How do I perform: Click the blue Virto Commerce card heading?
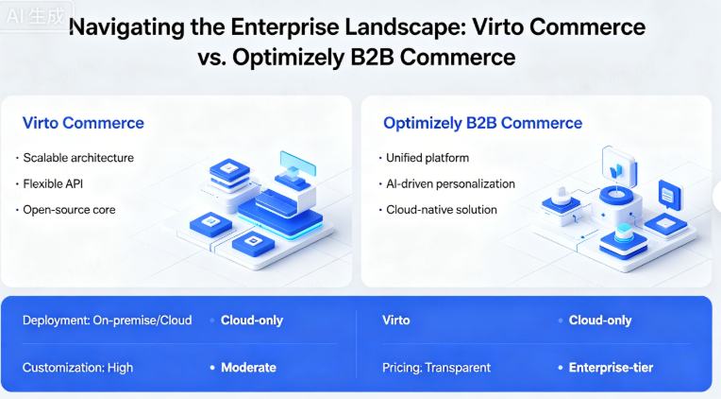coord(83,123)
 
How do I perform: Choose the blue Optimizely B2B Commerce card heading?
coord(482,123)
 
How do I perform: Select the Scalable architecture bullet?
coord(78,158)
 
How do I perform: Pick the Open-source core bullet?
coord(68,209)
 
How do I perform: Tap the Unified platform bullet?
coord(428,158)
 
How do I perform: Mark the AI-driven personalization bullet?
coord(450,183)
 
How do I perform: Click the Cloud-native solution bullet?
coord(442,209)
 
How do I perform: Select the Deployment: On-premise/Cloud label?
coord(107,321)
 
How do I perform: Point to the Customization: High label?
coord(77,367)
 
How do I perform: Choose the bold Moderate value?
coord(248,367)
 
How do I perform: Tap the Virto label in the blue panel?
coord(396,321)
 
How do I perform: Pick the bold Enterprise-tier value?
coord(611,367)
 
